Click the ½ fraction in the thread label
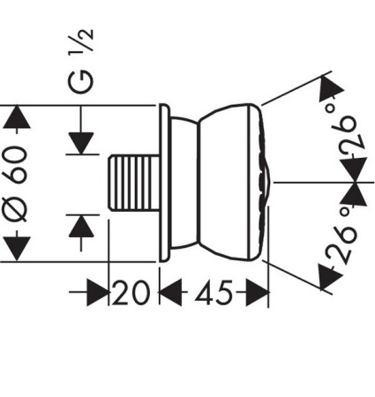[x=86, y=40]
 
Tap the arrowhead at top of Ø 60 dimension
[x=19, y=117]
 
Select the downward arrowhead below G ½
[x=81, y=142]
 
